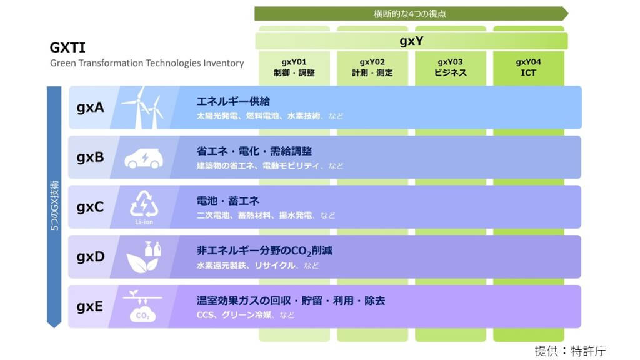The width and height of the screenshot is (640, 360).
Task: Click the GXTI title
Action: (x=67, y=47)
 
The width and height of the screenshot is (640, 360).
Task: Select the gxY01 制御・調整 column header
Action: (x=294, y=67)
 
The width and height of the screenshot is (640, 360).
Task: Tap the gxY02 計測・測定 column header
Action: (x=372, y=67)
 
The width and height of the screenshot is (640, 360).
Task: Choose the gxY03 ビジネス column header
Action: (x=450, y=67)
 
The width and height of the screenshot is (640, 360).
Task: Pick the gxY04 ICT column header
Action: (x=529, y=67)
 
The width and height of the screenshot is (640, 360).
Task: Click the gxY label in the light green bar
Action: (x=411, y=41)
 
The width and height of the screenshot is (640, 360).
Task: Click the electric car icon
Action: (x=144, y=158)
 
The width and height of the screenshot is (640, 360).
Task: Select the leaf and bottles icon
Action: (x=144, y=257)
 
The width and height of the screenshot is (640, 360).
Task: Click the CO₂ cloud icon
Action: (x=142, y=306)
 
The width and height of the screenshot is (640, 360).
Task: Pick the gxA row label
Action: (x=90, y=107)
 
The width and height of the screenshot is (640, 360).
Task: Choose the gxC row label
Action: (x=90, y=207)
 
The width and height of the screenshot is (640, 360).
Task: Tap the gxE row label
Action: (x=90, y=306)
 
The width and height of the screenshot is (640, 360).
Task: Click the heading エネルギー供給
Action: (x=233, y=101)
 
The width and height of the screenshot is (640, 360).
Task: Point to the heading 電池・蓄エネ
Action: (x=227, y=201)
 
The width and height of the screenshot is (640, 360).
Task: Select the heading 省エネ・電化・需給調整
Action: (x=254, y=151)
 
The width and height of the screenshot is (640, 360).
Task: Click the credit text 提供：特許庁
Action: (x=570, y=351)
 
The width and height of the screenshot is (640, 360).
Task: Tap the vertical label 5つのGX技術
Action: (x=54, y=205)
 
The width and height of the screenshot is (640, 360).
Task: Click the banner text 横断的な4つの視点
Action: (x=410, y=14)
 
